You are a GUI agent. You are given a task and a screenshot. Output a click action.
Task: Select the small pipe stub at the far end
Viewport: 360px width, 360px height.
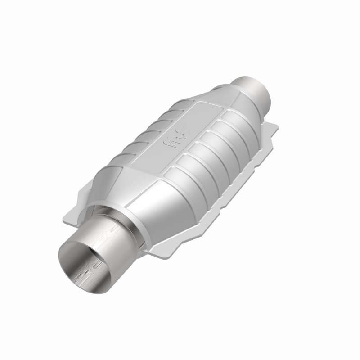pos(255,90)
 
